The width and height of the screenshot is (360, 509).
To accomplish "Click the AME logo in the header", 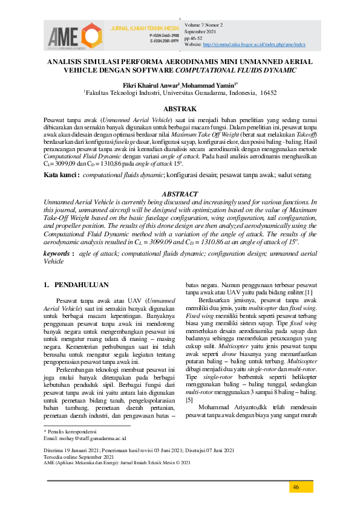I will coord(74,34).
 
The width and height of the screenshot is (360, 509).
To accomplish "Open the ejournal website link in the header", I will coord(254,45).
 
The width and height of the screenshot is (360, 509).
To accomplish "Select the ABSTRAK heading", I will coord(180,109).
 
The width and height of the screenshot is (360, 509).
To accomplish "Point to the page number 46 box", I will coord(296,487).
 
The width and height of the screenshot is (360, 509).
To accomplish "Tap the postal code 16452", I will coord(267,93).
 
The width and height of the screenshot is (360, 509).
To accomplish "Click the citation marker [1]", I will coord(309,293).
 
